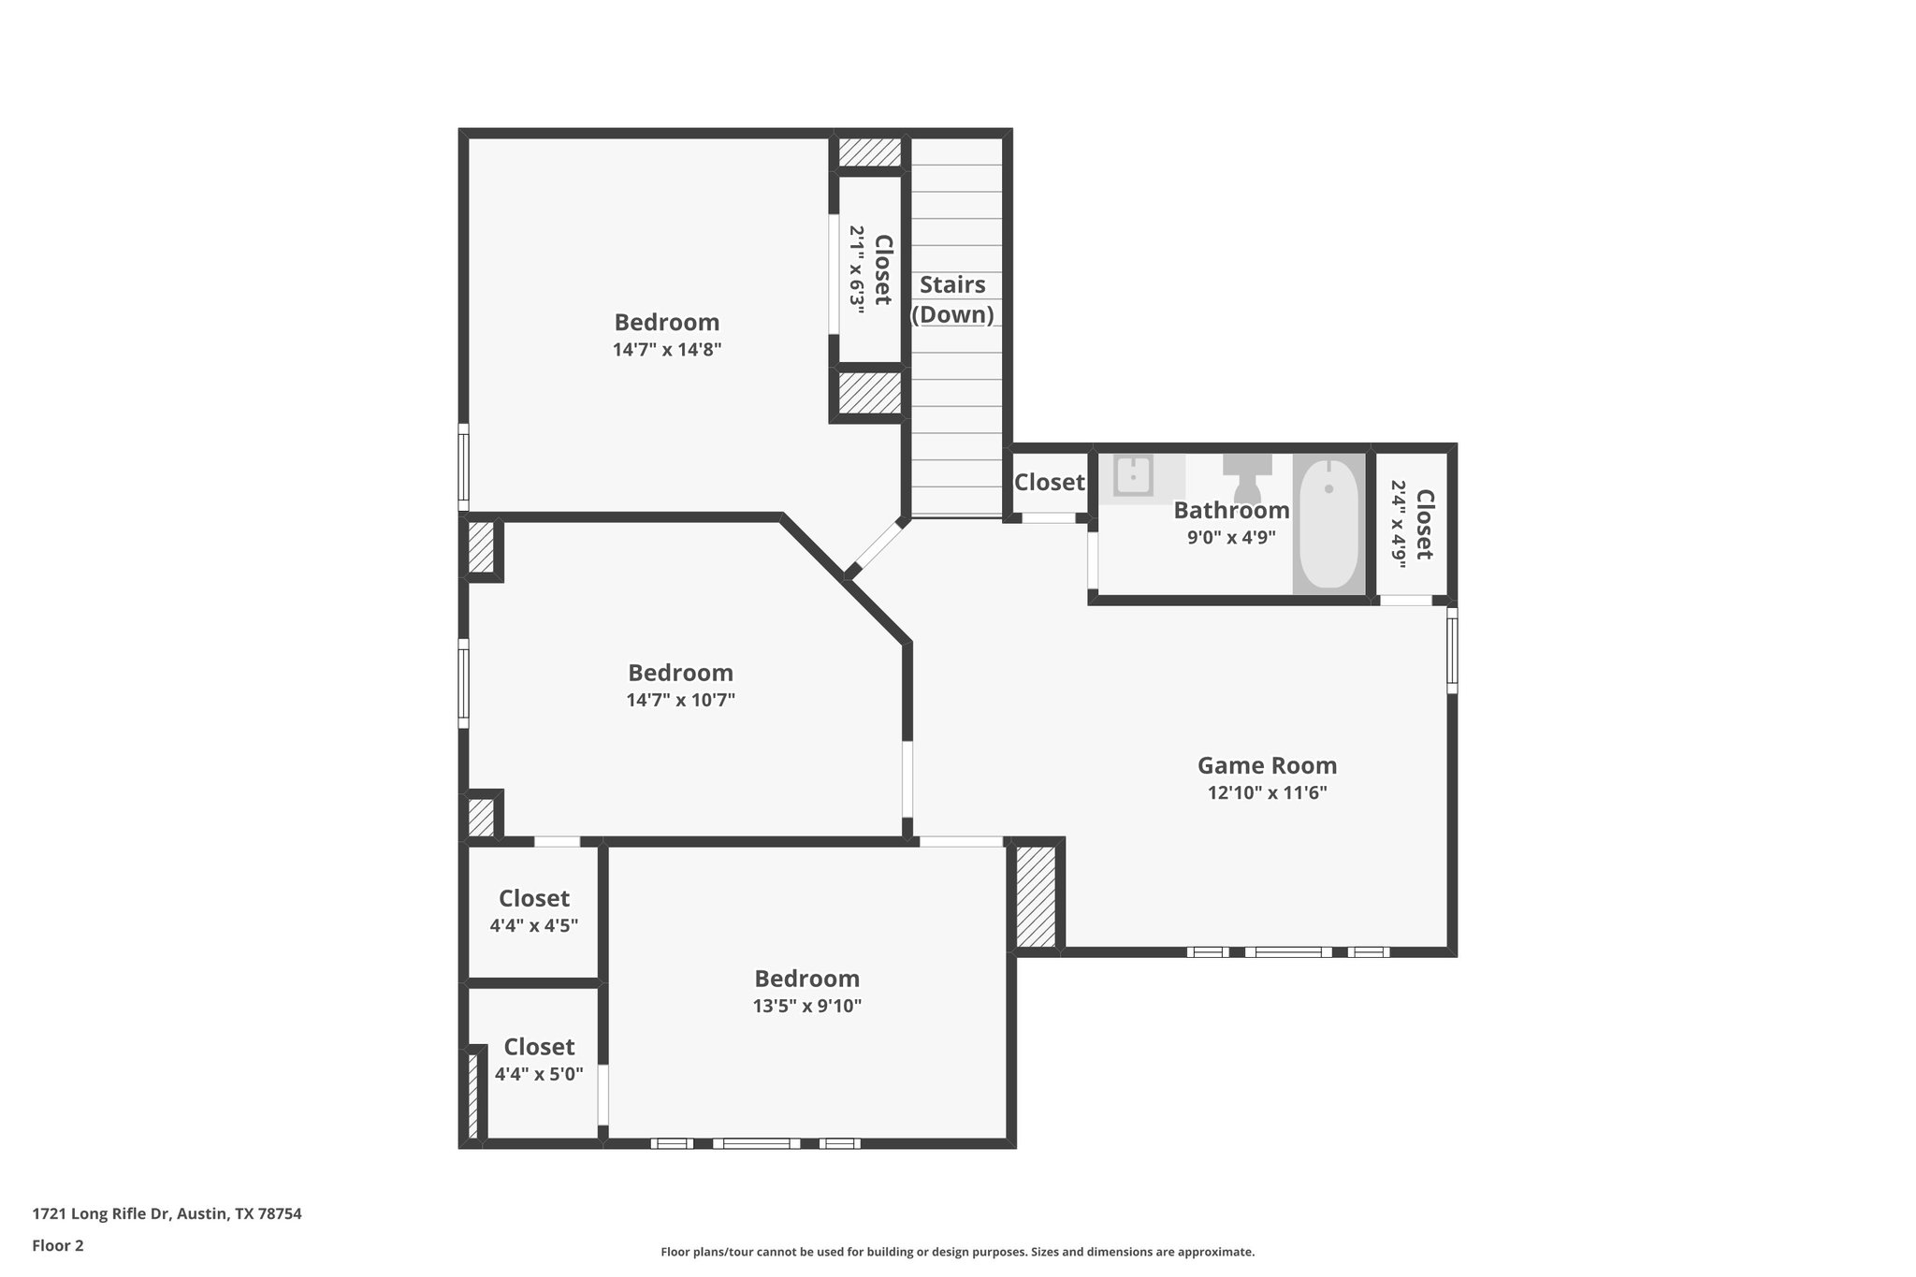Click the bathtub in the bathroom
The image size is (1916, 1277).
(x=1328, y=523)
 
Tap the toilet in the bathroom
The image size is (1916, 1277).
(x=1247, y=478)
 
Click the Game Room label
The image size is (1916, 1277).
(x=1267, y=765)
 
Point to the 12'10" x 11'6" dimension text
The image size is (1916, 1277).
(x=1267, y=793)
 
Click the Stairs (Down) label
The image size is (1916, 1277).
(x=952, y=299)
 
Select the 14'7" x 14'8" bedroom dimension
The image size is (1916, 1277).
(x=667, y=350)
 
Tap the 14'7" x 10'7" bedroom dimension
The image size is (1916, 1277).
(x=680, y=700)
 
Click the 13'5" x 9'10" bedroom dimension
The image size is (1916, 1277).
(x=806, y=1007)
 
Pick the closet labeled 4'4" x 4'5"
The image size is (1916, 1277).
(x=533, y=910)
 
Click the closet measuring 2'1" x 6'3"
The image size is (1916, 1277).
(x=869, y=269)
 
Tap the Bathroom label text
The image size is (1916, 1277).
(x=1231, y=510)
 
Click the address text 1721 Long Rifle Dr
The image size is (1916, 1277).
(x=102, y=1214)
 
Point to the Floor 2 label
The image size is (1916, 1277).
(x=58, y=1246)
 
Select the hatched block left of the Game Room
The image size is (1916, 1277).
(x=1036, y=896)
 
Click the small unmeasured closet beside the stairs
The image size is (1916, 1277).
(x=1049, y=483)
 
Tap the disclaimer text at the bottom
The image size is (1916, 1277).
(x=958, y=1252)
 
